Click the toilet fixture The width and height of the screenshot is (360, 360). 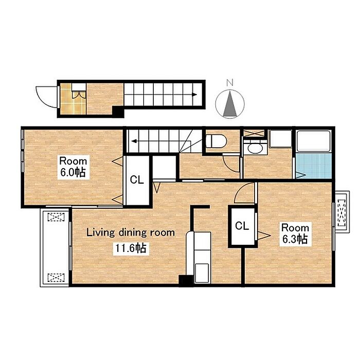click(x=216, y=141)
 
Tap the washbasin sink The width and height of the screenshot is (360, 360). click(x=255, y=148)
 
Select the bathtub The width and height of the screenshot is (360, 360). click(x=314, y=141)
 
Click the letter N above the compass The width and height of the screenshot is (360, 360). click(x=230, y=83)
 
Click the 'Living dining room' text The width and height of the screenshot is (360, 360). click(x=131, y=232)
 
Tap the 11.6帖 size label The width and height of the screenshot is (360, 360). click(x=131, y=248)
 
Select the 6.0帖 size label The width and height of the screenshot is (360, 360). click(x=73, y=172)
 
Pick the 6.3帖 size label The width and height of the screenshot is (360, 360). click(x=295, y=239)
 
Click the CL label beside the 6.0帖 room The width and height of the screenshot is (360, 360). click(x=137, y=179)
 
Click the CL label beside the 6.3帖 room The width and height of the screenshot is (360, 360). click(x=242, y=226)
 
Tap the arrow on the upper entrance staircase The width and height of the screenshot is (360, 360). click(x=160, y=94)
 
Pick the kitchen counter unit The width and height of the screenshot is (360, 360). click(x=200, y=257)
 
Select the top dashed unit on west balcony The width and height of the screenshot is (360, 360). click(x=56, y=217)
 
